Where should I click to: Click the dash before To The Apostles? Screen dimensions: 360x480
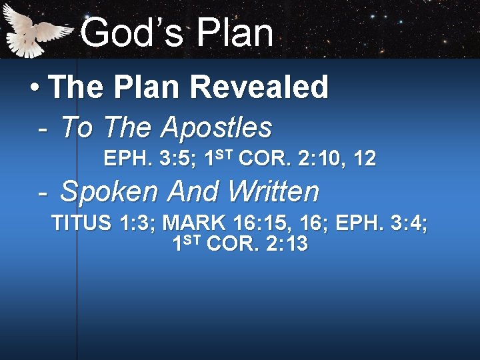click(43, 127)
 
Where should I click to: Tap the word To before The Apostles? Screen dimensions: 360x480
click(76, 127)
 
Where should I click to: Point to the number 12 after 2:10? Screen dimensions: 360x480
click(365, 159)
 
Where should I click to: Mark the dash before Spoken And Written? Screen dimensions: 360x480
click(43, 192)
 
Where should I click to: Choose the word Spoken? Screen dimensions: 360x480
click(110, 192)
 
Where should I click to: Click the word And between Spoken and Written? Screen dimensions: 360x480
click(192, 192)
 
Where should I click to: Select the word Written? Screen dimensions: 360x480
click(273, 192)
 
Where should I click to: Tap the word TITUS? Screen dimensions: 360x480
click(81, 223)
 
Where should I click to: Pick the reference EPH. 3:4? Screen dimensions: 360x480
click(381, 223)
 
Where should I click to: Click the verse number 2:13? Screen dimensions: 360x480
click(287, 244)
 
